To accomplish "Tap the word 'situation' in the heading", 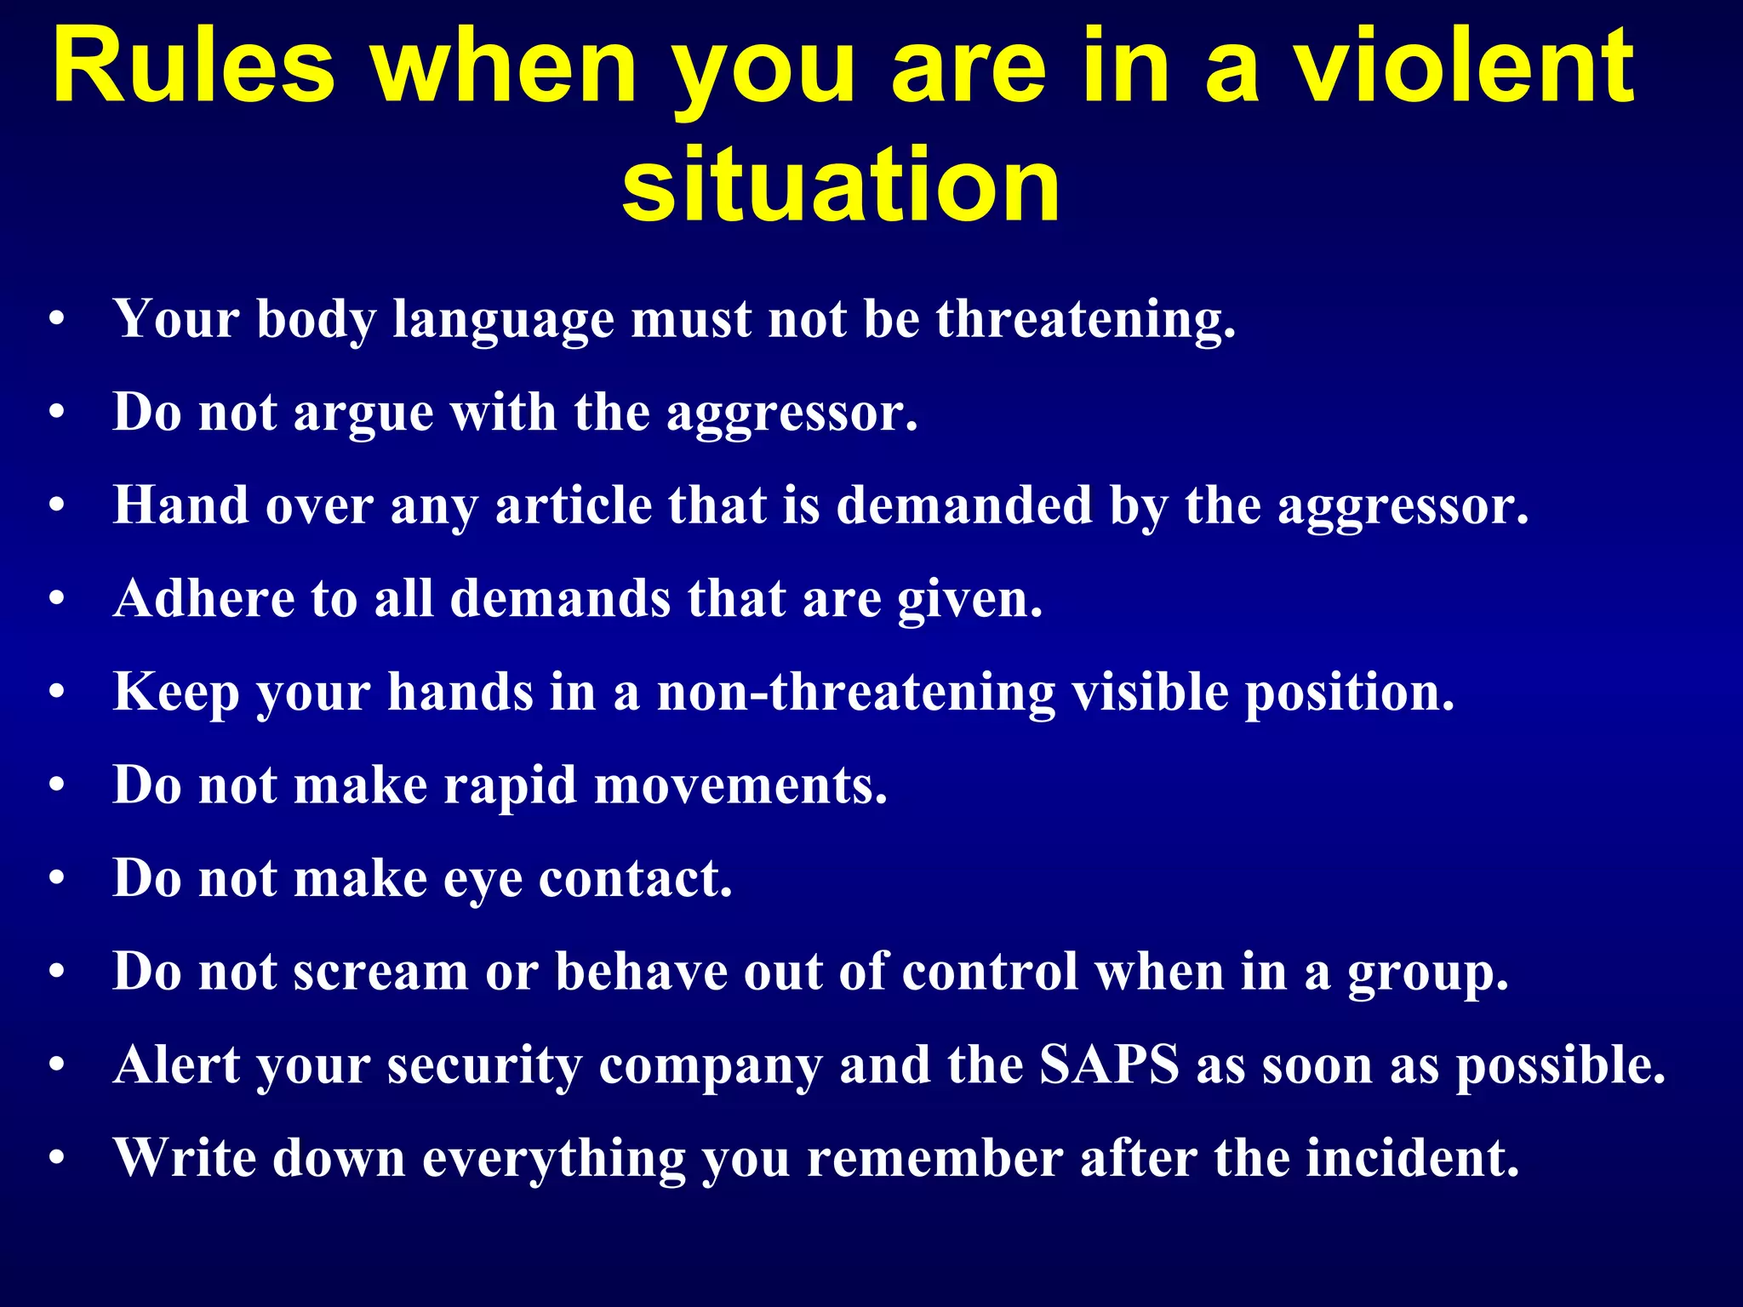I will pyautogui.click(x=840, y=184).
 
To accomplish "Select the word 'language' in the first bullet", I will pyautogui.click(x=503, y=321).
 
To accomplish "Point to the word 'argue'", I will pyautogui.click(x=363, y=414).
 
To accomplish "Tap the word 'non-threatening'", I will pyautogui.click(x=856, y=692).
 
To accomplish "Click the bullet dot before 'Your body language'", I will pyautogui.click(x=57, y=321).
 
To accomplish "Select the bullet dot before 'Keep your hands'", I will pyautogui.click(x=57, y=693).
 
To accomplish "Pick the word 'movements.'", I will pyautogui.click(x=740, y=785).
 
